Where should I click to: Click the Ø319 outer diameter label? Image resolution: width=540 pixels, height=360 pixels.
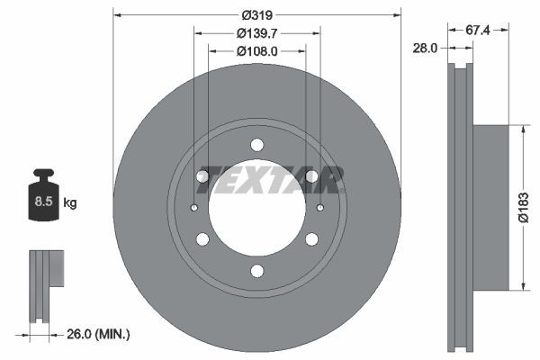coord(257,15)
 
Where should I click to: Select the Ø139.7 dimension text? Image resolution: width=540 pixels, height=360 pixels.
coord(257,33)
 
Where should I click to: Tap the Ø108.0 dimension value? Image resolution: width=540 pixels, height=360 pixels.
coord(257,51)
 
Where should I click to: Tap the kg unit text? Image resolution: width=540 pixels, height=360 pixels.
coord(70,203)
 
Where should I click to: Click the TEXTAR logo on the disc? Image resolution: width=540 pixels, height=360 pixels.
coord(270,181)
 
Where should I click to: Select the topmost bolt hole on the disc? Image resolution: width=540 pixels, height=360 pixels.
coord(257,144)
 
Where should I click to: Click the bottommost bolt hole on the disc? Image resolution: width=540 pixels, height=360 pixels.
coord(257,271)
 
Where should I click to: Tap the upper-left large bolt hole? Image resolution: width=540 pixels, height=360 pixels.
coord(202,176)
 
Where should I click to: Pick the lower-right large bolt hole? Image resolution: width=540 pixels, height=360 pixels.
coord(312,239)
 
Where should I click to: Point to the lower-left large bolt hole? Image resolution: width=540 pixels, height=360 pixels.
coord(202,239)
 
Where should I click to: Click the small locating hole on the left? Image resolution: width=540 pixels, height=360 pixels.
coord(194,208)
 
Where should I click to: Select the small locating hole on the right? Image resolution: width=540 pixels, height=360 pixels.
coord(320,208)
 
